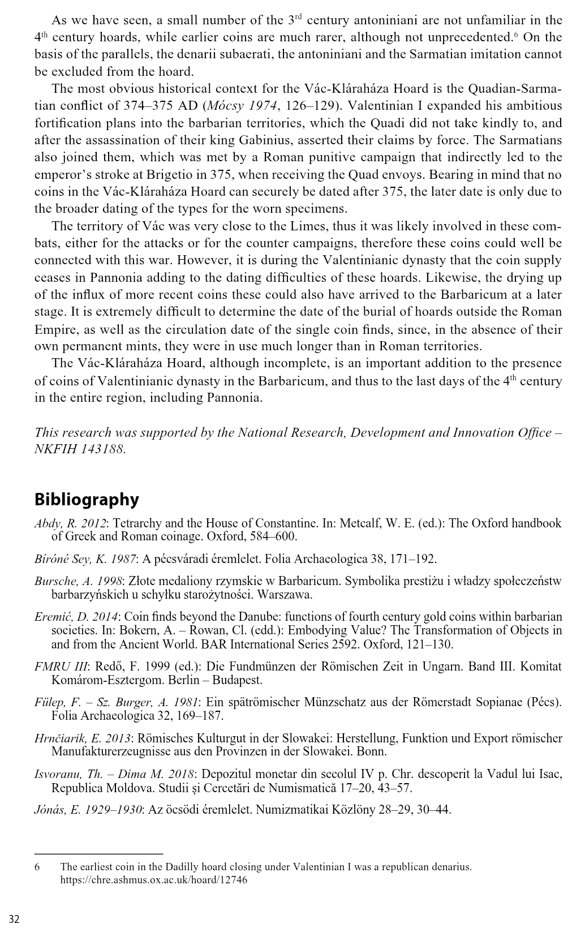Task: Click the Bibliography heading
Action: (x=86, y=500)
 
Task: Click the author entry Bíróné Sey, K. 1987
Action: (x=85, y=559)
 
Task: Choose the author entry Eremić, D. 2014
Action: (x=76, y=617)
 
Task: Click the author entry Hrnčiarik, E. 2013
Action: (x=83, y=738)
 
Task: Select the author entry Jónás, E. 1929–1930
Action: (x=88, y=810)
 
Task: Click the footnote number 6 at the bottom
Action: (x=37, y=867)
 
